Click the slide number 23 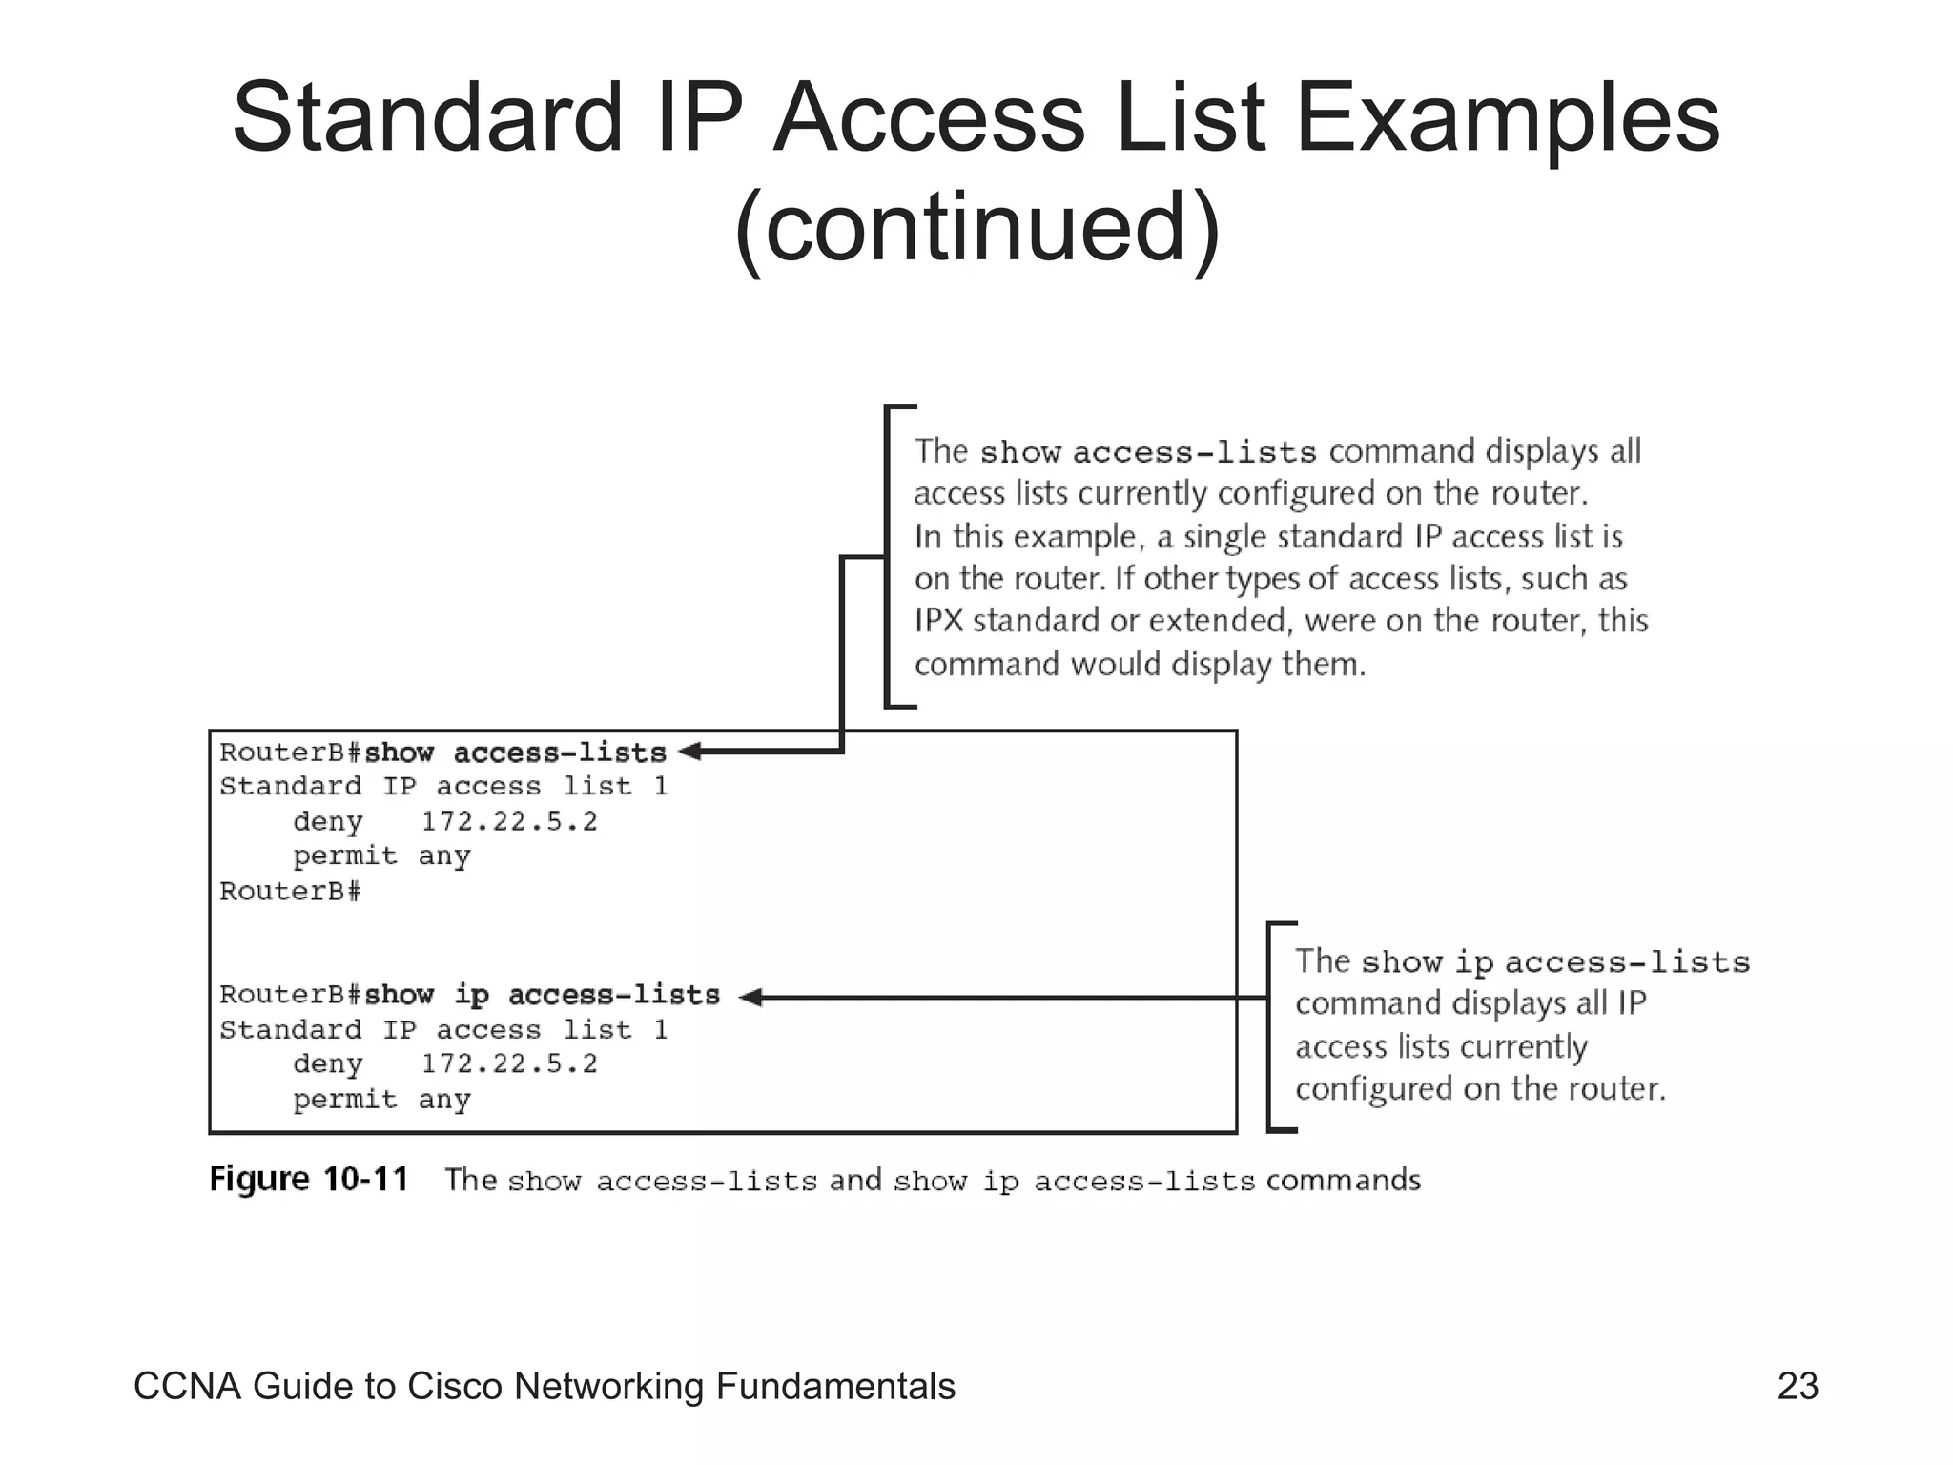(x=1798, y=1386)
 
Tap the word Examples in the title (x=1507, y=118)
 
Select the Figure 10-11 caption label (x=309, y=1180)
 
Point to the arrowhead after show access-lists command (x=689, y=752)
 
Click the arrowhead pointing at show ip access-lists (x=751, y=998)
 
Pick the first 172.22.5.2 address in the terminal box (x=509, y=821)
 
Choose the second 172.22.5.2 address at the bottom (x=509, y=1064)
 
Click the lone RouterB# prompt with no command (x=290, y=892)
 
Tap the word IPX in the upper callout (x=939, y=621)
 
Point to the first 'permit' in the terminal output (x=344, y=856)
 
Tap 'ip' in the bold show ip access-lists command (x=471, y=995)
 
